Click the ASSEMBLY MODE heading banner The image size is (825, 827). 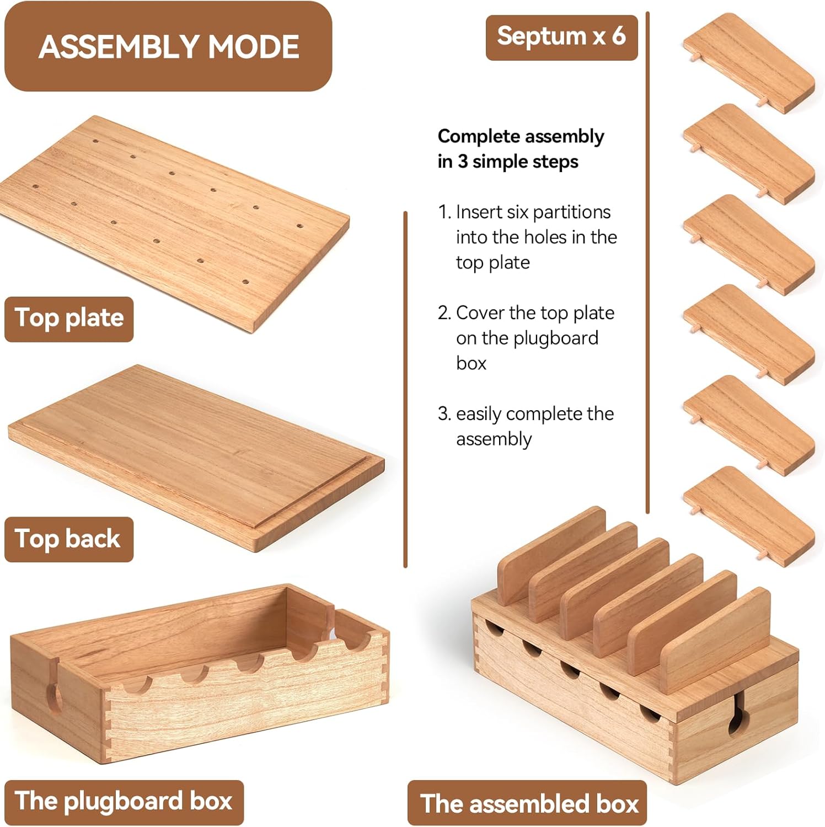(168, 46)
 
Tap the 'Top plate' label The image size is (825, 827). (69, 319)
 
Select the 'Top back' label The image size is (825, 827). (69, 539)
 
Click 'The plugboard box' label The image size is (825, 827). (124, 802)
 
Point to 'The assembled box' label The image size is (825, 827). (527, 803)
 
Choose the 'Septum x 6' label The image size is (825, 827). (561, 37)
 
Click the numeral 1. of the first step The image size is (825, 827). (444, 212)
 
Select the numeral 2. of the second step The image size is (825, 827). (444, 313)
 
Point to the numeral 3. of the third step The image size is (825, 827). (444, 414)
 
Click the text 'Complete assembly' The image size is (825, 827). (521, 137)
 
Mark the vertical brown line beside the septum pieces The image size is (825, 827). (647, 262)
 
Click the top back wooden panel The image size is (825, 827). (196, 458)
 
